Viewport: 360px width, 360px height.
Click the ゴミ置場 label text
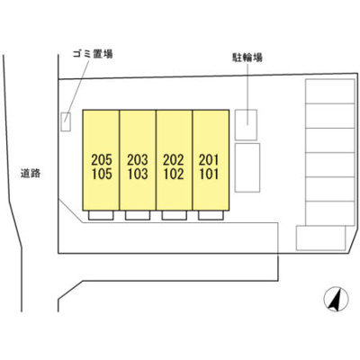tap(93, 54)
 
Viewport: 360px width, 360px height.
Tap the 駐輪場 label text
tap(247, 58)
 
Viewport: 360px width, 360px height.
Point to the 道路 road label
tap(31, 173)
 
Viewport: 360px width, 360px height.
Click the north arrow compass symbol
tap(336, 299)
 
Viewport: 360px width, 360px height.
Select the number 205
tap(102, 159)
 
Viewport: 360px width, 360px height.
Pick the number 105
tap(102, 174)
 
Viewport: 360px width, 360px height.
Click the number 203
tap(138, 159)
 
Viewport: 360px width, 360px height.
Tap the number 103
tap(138, 174)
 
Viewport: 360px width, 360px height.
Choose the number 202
tap(174, 159)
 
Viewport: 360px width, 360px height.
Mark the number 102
tap(174, 174)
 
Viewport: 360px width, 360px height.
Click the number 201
tap(209, 159)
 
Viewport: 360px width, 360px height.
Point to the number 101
tap(209, 174)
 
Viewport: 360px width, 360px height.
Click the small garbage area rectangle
tap(66, 121)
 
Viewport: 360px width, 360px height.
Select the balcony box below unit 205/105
tap(101, 215)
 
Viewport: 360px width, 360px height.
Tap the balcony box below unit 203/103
tap(138, 215)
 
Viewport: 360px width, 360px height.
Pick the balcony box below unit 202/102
tap(175, 215)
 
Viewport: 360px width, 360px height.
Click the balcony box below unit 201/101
tap(211, 215)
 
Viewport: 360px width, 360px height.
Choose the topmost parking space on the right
tap(330, 91)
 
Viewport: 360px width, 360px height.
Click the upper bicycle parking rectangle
tap(246, 125)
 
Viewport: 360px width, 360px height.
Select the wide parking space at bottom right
tap(321, 238)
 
